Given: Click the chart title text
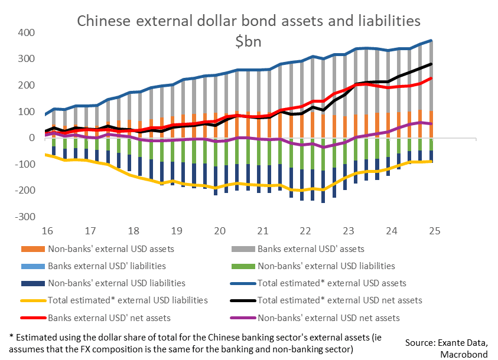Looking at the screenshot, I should pos(249,21).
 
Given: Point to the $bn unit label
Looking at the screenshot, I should pos(249,42).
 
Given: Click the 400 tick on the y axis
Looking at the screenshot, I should pos(27,32).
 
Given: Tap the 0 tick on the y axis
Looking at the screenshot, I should pos(32,138).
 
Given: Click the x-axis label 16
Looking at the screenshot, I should pos(48,231).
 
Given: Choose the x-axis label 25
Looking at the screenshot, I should pos(434,231).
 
